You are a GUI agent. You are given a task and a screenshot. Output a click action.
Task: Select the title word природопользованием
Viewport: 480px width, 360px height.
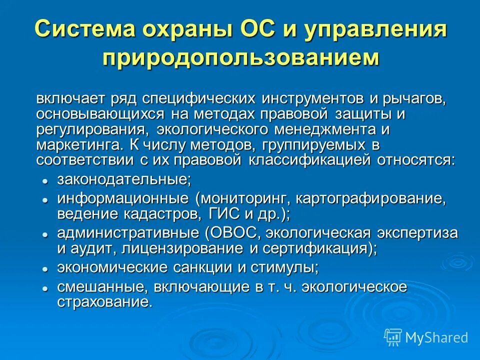240,57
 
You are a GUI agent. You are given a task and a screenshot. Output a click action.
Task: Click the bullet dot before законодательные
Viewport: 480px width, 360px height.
45,180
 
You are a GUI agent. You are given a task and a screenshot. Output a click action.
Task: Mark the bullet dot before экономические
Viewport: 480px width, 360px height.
45,268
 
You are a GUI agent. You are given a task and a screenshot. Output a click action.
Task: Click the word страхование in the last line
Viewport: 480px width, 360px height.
104,302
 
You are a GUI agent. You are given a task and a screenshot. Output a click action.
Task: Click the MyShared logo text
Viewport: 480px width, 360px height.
436,337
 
